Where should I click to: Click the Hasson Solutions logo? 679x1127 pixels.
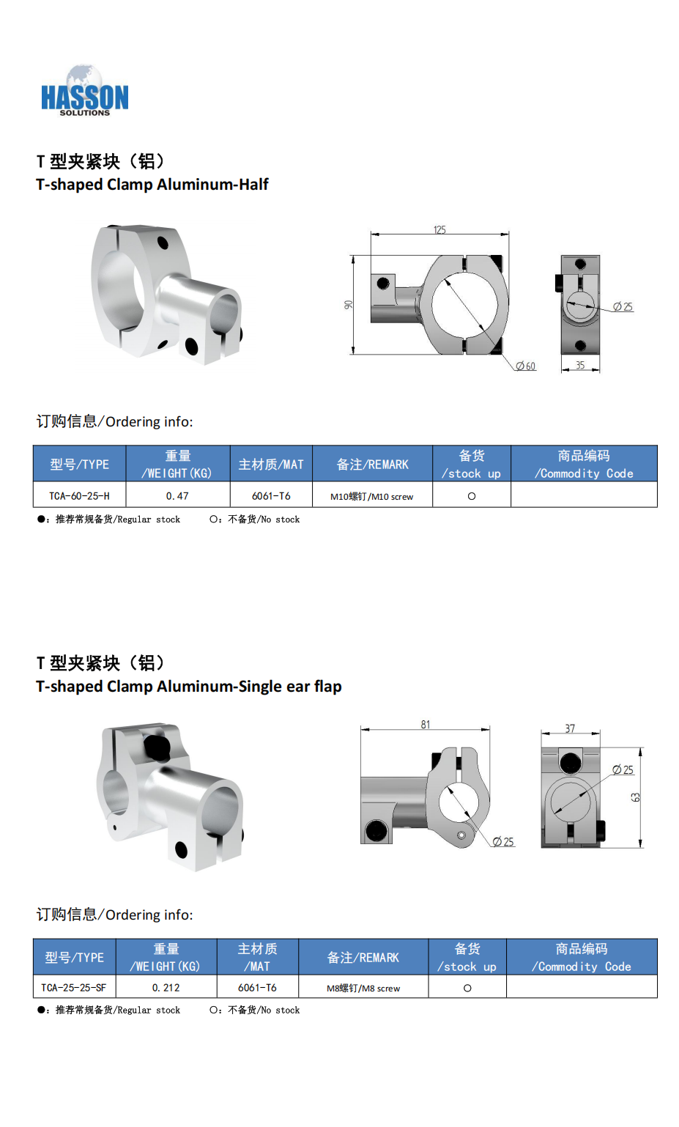click(84, 91)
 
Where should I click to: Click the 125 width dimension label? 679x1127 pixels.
click(439, 229)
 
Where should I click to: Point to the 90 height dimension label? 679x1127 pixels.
click(348, 304)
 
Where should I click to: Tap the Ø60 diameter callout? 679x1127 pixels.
click(526, 366)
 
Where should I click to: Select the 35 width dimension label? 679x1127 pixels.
click(580, 365)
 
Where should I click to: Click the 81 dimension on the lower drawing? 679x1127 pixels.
click(426, 725)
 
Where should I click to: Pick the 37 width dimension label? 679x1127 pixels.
click(570, 728)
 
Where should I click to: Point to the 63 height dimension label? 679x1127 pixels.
click(636, 797)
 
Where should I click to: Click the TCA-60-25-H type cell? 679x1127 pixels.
click(79, 495)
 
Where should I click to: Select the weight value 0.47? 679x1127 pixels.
click(177, 495)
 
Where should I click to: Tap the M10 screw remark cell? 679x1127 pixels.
click(371, 496)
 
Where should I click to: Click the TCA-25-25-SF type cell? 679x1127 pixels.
click(74, 988)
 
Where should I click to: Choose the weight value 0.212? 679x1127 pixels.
click(166, 988)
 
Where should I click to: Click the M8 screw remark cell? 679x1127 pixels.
click(363, 988)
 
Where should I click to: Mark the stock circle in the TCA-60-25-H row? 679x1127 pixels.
click(471, 496)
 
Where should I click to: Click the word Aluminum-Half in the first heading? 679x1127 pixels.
click(212, 184)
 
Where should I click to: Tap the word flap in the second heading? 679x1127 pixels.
click(328, 687)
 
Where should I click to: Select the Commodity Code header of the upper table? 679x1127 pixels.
click(584, 464)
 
